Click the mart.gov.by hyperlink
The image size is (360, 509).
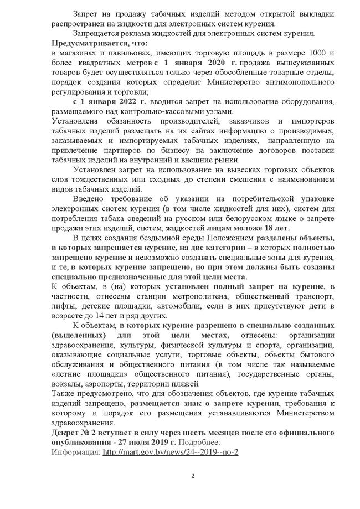click(x=170, y=451)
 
